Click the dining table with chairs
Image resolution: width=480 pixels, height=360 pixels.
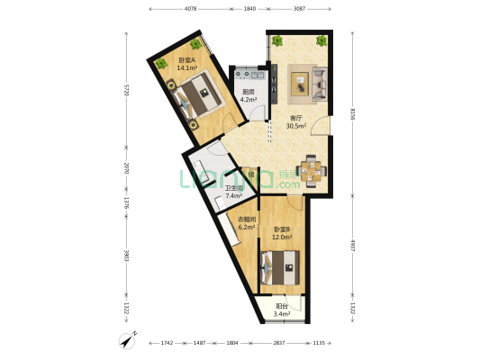[311, 168]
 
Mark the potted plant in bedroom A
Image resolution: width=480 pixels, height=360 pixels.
[162, 62]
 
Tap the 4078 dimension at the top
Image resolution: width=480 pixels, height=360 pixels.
[191, 8]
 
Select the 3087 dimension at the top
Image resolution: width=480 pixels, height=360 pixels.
[299, 8]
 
